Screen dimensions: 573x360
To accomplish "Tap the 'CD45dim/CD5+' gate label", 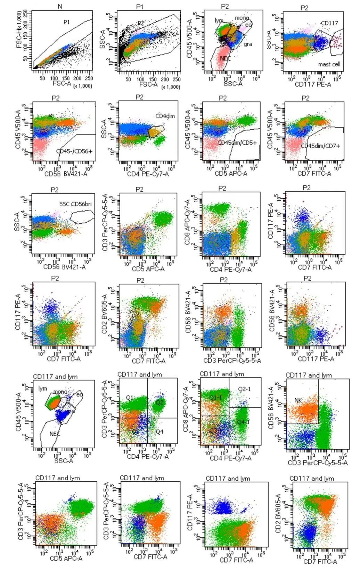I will point(237,143).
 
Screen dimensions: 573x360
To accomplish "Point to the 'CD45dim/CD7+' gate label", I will point(320,146).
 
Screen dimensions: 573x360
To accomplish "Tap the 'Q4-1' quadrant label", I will point(243,422).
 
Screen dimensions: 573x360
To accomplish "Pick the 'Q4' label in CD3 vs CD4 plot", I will point(159,432).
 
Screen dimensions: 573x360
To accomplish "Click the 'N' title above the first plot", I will point(60,7).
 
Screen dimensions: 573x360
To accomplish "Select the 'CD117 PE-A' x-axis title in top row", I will point(312,84).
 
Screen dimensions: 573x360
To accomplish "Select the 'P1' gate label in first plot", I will point(67,22).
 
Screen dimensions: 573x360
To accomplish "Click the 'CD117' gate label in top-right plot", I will point(329,23).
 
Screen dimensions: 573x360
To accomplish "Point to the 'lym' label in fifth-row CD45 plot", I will point(42,389).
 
